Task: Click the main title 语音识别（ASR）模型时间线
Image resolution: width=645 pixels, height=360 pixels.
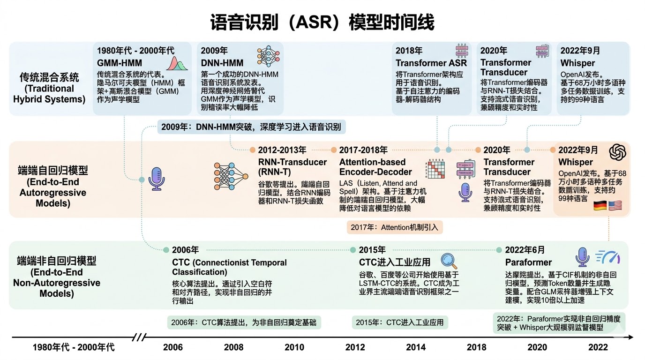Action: (322, 22)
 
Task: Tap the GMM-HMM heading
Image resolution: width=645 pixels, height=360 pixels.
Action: (120, 63)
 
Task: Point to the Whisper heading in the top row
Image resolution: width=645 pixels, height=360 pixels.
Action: (577, 63)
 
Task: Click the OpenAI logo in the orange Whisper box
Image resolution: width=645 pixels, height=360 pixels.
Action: (618, 151)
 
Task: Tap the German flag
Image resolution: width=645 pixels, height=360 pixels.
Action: (600, 205)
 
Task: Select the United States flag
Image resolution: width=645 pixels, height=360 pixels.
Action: (615, 205)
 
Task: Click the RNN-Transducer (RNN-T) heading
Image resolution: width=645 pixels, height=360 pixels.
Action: (292, 167)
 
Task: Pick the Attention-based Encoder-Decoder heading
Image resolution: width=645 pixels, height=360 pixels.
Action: (375, 167)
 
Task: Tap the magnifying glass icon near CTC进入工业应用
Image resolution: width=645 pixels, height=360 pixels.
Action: (449, 261)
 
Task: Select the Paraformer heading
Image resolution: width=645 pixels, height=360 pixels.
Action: (528, 262)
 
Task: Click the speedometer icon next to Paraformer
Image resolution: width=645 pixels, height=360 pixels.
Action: (608, 257)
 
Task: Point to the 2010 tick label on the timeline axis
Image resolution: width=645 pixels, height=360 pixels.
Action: (294, 347)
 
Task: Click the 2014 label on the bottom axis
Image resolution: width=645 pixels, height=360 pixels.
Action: (416, 347)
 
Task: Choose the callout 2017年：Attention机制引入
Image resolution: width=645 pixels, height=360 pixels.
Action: (395, 227)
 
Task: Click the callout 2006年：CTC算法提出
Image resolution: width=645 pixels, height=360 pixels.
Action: (244, 322)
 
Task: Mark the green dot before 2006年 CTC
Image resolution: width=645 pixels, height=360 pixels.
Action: (165, 250)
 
